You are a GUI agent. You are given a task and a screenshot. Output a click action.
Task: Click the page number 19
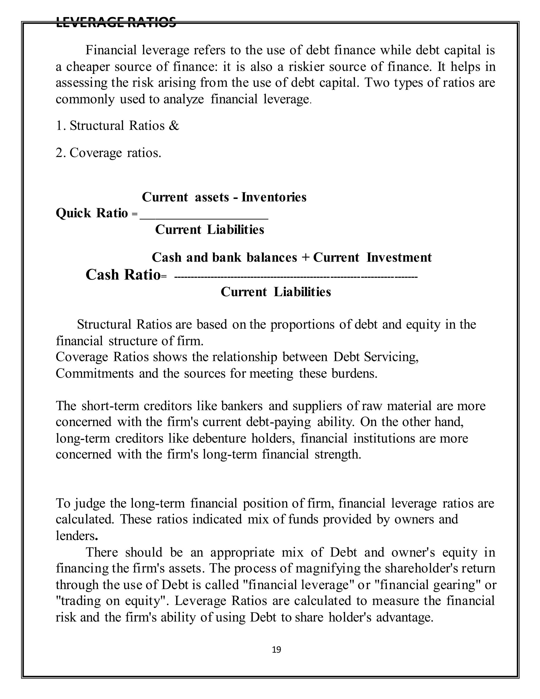click(x=276, y=649)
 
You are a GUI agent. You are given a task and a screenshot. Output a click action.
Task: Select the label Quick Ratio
click(x=92, y=213)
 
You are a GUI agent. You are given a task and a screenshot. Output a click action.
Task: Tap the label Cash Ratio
click(x=123, y=275)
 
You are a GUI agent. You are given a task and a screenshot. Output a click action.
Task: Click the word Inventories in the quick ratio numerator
click(x=274, y=197)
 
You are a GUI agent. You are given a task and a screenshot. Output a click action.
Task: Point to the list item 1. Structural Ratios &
click(x=117, y=126)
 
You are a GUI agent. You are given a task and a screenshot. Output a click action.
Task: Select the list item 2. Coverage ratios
click(x=108, y=153)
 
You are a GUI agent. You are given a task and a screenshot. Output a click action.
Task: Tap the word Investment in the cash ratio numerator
click(x=399, y=257)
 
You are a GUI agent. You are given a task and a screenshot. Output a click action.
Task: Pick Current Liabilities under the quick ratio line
click(x=210, y=229)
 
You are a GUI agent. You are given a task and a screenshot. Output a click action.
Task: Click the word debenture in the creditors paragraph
click(x=219, y=438)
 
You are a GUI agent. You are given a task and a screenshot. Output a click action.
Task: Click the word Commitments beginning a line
click(x=95, y=373)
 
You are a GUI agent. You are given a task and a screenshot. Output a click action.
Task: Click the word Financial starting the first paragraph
click(x=111, y=50)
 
